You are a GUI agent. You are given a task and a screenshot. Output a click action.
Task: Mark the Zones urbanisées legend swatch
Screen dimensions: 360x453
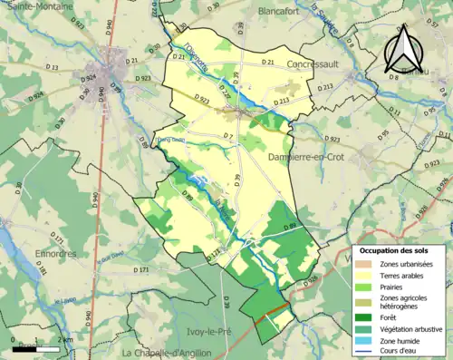[364, 264]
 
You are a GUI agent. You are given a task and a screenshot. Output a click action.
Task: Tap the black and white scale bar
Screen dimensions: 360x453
[36, 345]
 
